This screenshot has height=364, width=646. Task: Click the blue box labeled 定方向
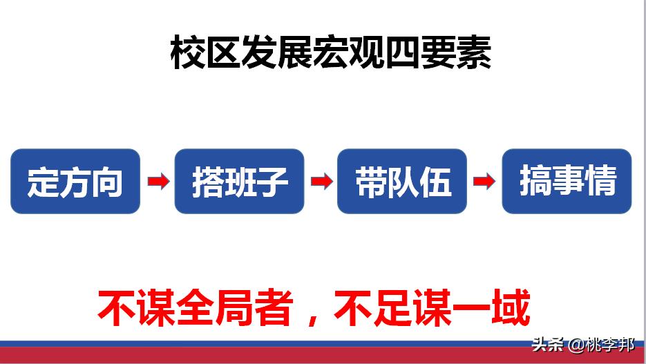tap(75, 181)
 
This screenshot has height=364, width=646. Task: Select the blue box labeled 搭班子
tap(239, 181)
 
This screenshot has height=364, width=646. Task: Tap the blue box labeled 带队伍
tap(402, 181)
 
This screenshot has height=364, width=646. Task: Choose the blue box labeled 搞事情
tap(567, 181)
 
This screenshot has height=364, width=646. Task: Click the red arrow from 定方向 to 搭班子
tap(158, 182)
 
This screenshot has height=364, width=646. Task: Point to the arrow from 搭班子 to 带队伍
tap(321, 182)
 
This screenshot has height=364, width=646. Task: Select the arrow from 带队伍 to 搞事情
tap(484, 182)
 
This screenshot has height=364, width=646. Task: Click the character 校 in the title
tap(187, 54)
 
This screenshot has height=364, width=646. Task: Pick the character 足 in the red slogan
tap(391, 308)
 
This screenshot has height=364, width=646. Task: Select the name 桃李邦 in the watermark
tap(610, 344)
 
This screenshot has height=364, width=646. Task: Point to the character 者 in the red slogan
tap(272, 308)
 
